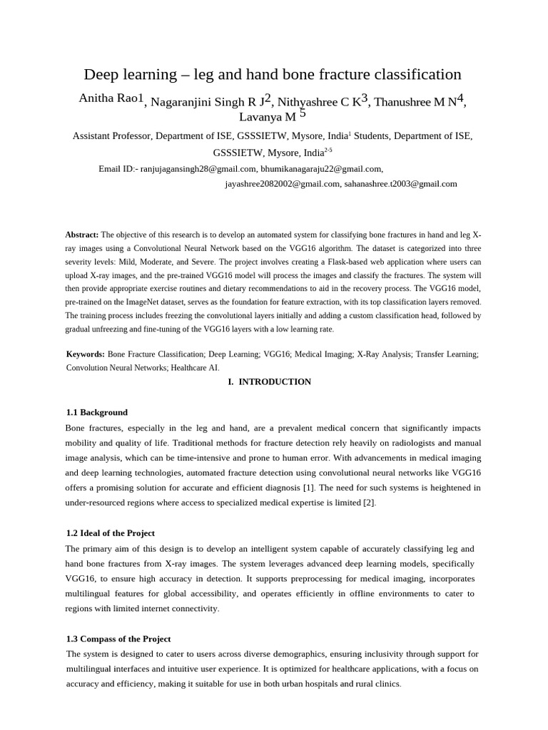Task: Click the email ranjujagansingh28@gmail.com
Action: point(198,169)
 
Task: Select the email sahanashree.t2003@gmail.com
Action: point(400,184)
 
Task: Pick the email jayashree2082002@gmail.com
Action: point(283,184)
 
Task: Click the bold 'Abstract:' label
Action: point(82,235)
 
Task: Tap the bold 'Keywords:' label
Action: point(86,354)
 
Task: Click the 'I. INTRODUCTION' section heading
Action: point(270,382)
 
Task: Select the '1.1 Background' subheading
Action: point(96,412)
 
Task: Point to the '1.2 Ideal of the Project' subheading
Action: point(110,533)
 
